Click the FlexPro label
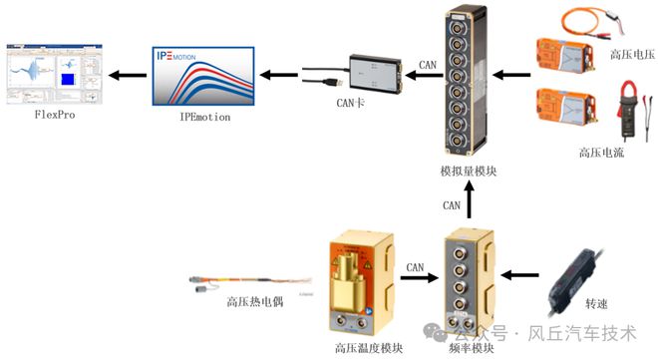(x=54, y=116)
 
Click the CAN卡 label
(x=350, y=103)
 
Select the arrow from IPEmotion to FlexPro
(x=126, y=74)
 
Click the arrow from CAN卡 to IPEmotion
(x=285, y=72)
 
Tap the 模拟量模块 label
(x=468, y=172)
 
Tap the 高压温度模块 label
(x=369, y=348)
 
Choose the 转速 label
(x=596, y=303)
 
